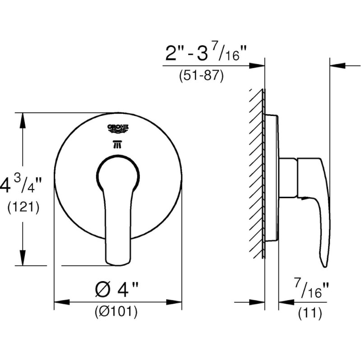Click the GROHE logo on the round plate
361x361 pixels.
click(x=118, y=128)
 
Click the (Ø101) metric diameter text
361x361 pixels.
click(x=116, y=311)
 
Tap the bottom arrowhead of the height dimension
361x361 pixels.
click(x=22, y=261)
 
